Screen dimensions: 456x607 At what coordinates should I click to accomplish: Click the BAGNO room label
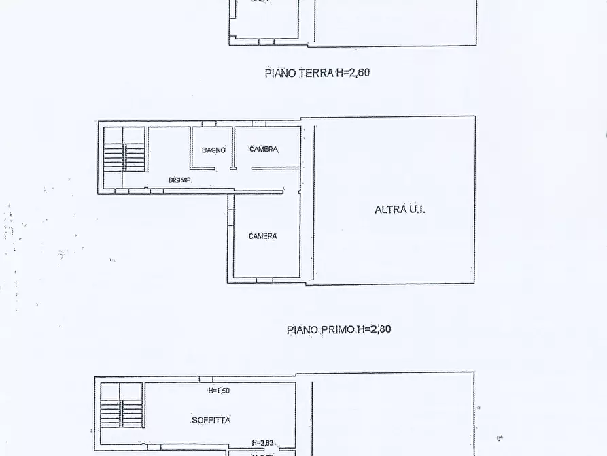pos(213,150)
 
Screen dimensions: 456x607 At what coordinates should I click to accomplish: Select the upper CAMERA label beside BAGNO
pos(263,150)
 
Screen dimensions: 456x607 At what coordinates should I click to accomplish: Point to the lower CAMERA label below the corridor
pos(262,236)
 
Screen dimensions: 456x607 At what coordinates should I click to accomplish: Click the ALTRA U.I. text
pos(400,210)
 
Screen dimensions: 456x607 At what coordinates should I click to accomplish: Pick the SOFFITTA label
pos(211,420)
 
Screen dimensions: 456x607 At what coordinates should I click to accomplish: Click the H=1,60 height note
pos(220,391)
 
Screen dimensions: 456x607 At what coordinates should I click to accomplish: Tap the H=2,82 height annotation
pos(262,443)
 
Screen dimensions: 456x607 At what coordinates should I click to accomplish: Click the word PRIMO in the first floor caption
pos(339,329)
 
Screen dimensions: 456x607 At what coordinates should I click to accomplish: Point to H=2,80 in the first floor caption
pos(375,329)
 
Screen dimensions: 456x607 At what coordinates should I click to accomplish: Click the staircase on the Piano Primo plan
pos(124,155)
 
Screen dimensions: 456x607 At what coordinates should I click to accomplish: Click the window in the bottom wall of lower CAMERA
pos(265,279)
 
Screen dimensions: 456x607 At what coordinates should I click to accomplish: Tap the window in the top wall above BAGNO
pos(209,123)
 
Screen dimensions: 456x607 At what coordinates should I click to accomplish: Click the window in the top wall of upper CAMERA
pos(259,123)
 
